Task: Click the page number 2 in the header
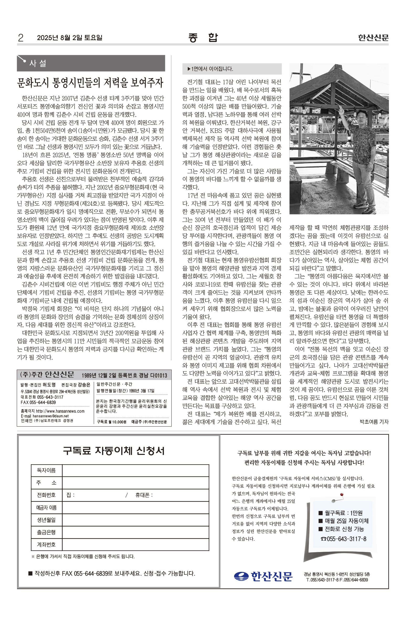(20, 38)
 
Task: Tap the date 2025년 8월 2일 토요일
(70, 38)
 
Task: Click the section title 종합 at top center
(203, 38)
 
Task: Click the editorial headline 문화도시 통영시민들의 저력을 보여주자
(90, 83)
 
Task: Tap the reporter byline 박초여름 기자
(374, 422)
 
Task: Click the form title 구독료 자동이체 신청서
(114, 451)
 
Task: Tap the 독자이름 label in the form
(46, 470)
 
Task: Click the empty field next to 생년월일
(135, 520)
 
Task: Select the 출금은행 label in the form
(46, 532)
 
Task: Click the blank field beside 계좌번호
(135, 544)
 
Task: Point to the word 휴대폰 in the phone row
(142, 495)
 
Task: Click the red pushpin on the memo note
(342, 495)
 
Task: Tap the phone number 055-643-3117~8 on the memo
(344, 539)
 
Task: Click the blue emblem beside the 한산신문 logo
(241, 576)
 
